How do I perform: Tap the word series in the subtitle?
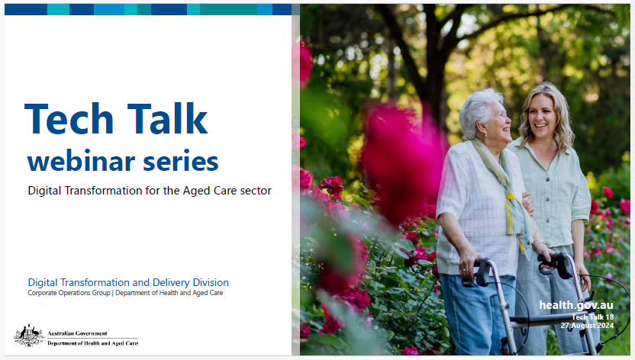click(182, 161)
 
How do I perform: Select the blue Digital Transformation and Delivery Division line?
click(128, 282)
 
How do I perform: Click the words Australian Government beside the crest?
click(77, 333)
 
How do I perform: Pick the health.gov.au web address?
click(576, 305)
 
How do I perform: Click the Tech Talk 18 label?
click(593, 317)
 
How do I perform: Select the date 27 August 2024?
click(587, 325)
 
